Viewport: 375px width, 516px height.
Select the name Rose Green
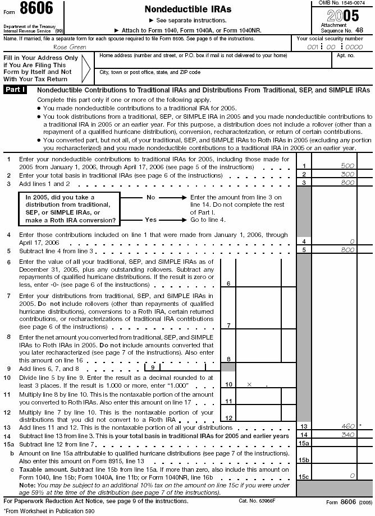pyautogui.click(x=70, y=47)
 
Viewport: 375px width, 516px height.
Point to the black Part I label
pyautogui.click(x=15, y=90)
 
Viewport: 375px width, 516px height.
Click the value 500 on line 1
pyautogui.click(x=348, y=166)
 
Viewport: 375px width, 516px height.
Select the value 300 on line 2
pyautogui.click(x=348, y=175)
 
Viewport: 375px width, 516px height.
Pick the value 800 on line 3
pyautogui.click(x=348, y=183)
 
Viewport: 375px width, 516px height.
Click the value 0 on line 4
pyautogui.click(x=351, y=241)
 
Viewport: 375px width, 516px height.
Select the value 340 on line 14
pyautogui.click(x=348, y=435)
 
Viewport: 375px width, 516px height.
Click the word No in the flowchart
pyautogui.click(x=150, y=198)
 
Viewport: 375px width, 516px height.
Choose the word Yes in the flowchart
pyautogui.click(x=150, y=220)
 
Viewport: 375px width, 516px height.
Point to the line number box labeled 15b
pyautogui.click(x=303, y=459)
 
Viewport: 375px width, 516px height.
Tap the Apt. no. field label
pyautogui.click(x=345, y=55)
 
